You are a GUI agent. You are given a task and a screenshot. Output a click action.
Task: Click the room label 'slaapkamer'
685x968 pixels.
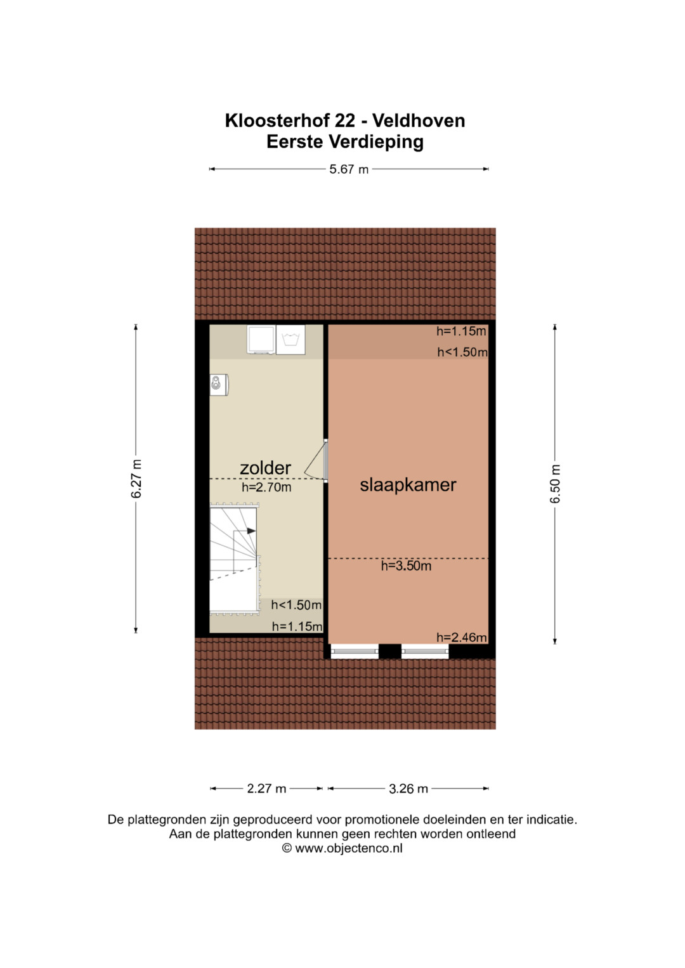(408, 486)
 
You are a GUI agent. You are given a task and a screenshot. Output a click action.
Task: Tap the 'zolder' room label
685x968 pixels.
(265, 468)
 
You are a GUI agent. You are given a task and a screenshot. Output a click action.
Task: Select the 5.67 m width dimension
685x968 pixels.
(349, 169)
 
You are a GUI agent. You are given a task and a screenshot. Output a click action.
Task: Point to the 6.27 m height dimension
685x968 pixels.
(136, 479)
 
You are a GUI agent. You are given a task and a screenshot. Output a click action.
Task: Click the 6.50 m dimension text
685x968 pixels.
(555, 484)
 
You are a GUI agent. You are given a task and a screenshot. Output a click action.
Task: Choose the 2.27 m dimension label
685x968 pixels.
(266, 789)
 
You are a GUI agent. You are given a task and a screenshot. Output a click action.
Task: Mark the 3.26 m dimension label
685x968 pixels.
(408, 789)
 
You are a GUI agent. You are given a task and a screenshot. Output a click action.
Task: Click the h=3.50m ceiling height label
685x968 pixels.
(406, 565)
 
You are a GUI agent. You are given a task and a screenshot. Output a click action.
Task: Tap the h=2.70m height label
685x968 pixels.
(266, 487)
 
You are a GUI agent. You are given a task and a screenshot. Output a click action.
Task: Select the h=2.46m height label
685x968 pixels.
(462, 638)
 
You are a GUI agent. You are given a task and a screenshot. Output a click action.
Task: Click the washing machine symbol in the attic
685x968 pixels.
(290, 340)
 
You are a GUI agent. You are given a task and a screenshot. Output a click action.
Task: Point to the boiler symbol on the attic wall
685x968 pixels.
(219, 385)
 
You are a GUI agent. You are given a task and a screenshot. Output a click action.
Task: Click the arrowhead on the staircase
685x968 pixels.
(251, 531)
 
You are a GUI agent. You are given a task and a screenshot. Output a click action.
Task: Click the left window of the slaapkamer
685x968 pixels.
(354, 651)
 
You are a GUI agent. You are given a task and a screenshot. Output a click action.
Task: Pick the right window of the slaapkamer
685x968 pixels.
(425, 651)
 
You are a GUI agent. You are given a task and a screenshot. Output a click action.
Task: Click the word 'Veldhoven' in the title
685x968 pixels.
(419, 120)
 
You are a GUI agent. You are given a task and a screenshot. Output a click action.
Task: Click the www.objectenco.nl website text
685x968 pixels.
(349, 848)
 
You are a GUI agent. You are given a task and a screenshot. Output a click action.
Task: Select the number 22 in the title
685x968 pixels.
(344, 120)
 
